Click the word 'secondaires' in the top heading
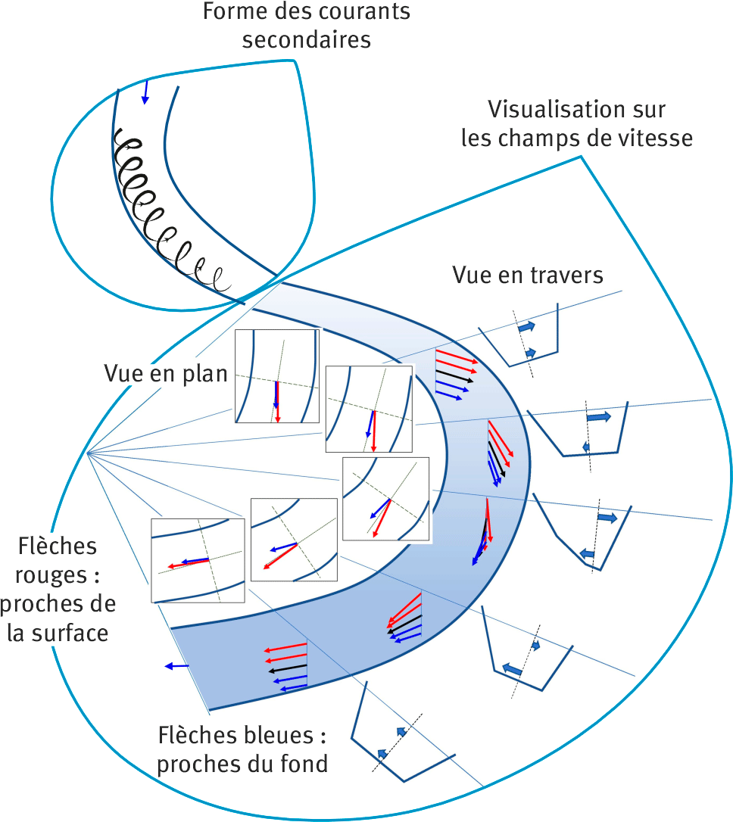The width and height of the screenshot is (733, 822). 307,39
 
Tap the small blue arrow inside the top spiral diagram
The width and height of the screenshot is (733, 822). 146,92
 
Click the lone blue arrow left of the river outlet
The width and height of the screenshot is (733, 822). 176,666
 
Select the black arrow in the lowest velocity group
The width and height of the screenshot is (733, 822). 287,668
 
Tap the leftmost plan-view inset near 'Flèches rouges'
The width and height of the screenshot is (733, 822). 197,560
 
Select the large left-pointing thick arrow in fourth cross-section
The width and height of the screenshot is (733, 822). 513,670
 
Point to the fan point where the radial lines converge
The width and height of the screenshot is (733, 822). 88,453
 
